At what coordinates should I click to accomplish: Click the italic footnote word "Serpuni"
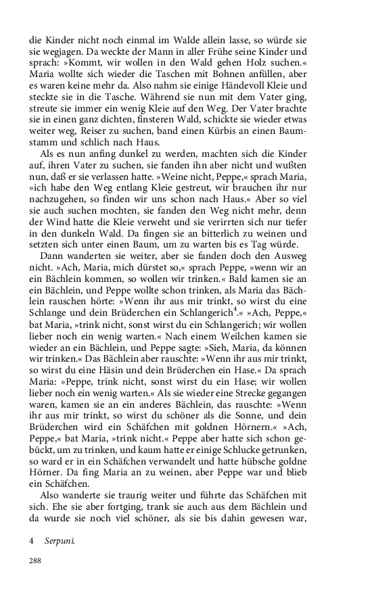pos(60,542)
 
